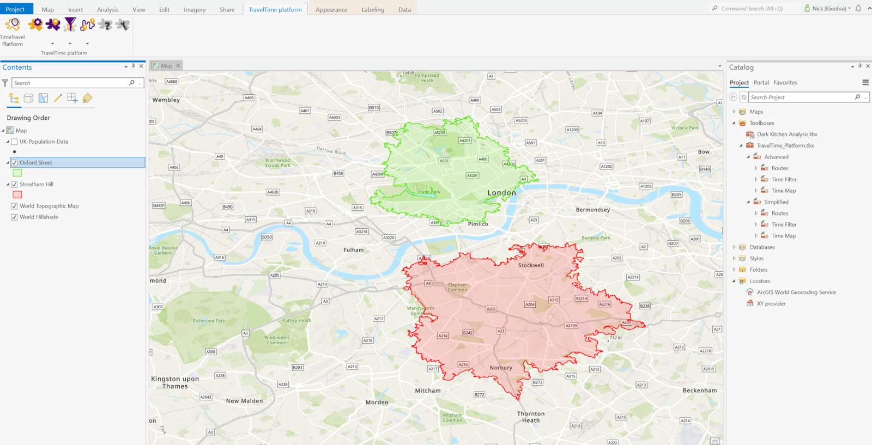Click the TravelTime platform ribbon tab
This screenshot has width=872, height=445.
[x=275, y=9]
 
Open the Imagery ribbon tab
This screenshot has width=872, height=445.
[x=195, y=9]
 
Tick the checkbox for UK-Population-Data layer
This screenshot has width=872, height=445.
[x=14, y=142]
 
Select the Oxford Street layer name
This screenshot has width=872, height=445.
[x=36, y=162]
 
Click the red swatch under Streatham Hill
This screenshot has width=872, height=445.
[x=17, y=194]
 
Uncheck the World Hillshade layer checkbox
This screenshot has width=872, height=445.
[x=14, y=217]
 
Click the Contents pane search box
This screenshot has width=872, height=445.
[x=71, y=83]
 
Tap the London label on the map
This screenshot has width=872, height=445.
[x=501, y=193]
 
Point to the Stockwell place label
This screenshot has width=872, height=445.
[x=531, y=265]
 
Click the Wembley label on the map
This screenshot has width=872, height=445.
[x=166, y=100]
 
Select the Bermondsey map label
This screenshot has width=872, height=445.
[x=593, y=210]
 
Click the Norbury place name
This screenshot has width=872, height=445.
[x=501, y=368]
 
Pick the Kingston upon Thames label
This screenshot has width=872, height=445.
[x=175, y=382]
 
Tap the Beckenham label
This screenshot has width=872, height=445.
[x=700, y=391]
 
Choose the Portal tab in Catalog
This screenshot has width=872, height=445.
[x=761, y=83]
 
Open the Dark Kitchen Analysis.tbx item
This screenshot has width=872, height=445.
[x=787, y=134]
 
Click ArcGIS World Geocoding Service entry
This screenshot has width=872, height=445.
[x=796, y=292]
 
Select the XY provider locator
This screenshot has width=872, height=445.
[x=771, y=303]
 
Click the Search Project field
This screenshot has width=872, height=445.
[x=801, y=97]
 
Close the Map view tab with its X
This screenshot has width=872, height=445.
[x=178, y=65]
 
